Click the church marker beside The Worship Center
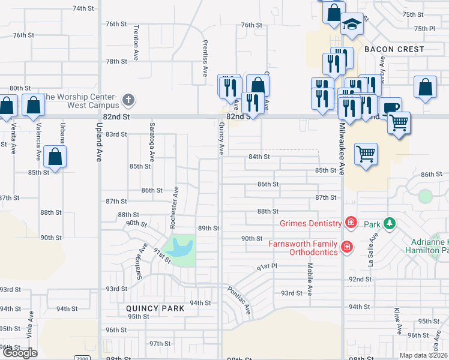coord(127,100)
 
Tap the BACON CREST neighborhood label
coord(393,49)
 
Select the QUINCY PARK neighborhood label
coord(155,308)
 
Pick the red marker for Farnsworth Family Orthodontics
coord(346,247)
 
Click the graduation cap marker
coord(352,24)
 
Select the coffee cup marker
coord(390,107)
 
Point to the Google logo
coord(20,353)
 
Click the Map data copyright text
coord(424,355)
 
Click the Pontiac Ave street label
coord(239,301)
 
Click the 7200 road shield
coord(82,358)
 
